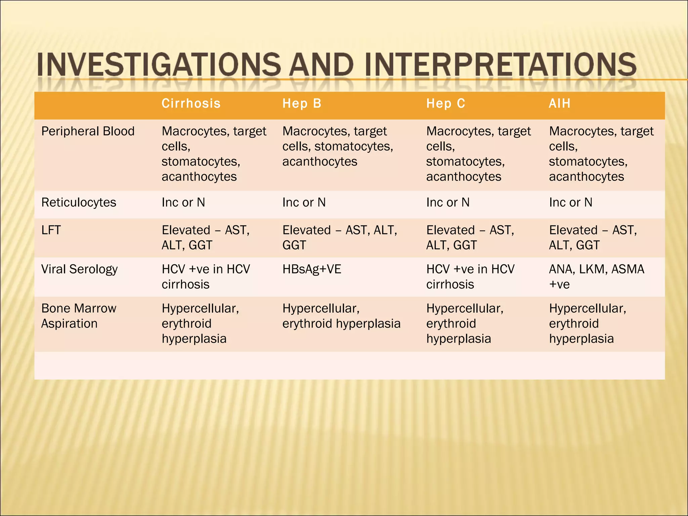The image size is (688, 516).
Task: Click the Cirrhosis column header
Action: point(191,103)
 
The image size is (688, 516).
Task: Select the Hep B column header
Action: point(302,103)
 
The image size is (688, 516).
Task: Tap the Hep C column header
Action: point(445,103)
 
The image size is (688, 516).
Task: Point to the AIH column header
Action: point(559,103)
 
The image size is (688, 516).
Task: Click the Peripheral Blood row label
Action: point(88,131)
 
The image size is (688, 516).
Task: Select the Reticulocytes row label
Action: point(79,202)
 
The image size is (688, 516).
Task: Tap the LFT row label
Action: point(51,230)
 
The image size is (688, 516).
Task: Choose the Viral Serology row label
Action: point(79,269)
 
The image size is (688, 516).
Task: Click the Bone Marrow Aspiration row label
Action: point(79,316)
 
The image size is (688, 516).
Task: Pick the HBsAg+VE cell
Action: point(311,269)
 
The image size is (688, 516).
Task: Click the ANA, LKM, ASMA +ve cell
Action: point(596,276)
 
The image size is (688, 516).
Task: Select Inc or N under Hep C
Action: point(447,202)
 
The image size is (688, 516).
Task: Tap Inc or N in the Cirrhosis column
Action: point(183,202)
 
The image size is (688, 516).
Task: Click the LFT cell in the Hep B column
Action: point(339,238)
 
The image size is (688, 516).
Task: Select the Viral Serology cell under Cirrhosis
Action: point(206,276)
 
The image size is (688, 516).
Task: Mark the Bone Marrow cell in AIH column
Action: point(587,323)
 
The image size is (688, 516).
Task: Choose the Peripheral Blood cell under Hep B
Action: point(337,146)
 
